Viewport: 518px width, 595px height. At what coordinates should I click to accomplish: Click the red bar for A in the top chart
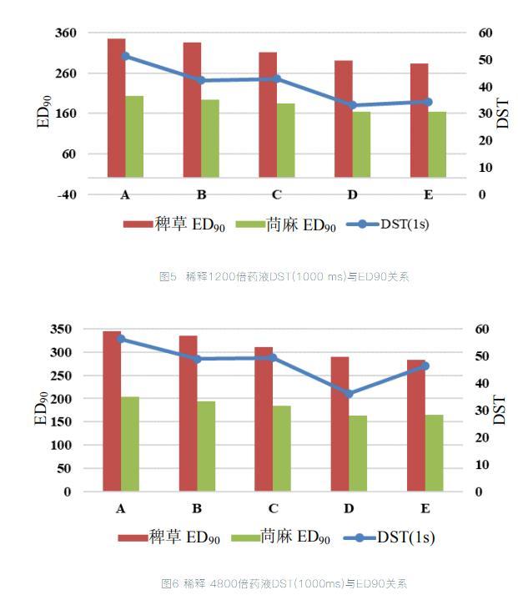(116, 108)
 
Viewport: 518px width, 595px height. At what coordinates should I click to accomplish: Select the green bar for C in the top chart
(286, 140)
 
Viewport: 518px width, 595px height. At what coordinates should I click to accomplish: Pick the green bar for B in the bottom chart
(206, 446)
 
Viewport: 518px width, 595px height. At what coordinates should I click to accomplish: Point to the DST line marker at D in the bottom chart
(349, 393)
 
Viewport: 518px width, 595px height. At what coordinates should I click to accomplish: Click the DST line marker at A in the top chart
(125, 56)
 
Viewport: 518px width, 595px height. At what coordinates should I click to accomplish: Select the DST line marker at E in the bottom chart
(425, 366)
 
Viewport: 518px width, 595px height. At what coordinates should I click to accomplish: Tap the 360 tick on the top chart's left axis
(65, 33)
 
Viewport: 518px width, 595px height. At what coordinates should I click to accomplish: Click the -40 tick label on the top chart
(65, 194)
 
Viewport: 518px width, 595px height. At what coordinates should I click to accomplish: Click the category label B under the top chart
(201, 195)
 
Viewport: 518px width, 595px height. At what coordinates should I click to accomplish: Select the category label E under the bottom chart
(425, 508)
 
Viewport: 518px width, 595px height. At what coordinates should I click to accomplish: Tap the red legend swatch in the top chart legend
(137, 224)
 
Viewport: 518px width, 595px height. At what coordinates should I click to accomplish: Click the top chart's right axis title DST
(502, 113)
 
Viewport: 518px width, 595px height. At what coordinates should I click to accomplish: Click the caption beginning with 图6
(284, 582)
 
